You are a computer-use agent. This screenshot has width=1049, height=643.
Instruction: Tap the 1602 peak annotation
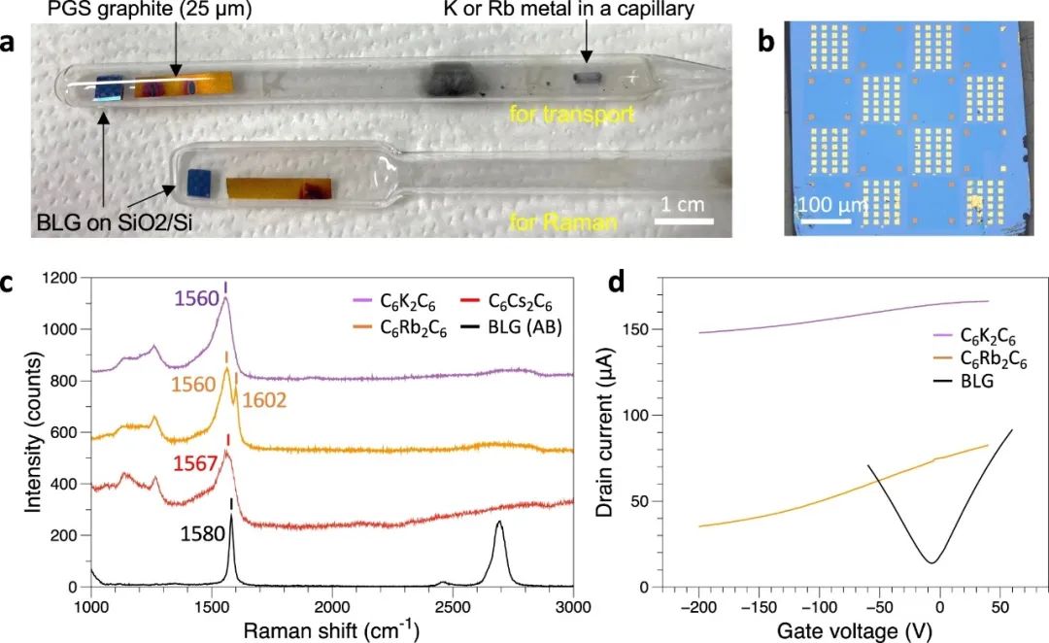[x=265, y=400]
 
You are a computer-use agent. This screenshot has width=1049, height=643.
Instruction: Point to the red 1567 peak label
[x=194, y=465]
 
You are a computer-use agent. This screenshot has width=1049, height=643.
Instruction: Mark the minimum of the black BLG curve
[x=931, y=562]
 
